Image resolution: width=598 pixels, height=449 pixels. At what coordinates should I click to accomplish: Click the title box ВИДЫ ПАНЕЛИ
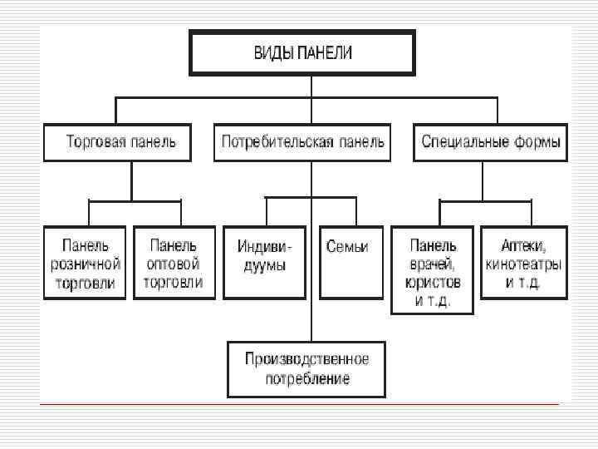tap(302, 53)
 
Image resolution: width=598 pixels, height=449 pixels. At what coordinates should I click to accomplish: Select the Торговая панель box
tap(117, 142)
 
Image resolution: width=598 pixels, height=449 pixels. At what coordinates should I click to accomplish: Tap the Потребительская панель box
tap(301, 142)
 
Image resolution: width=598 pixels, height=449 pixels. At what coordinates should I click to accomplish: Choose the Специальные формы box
tap(490, 142)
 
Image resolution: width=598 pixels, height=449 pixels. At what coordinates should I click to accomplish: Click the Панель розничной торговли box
tap(86, 263)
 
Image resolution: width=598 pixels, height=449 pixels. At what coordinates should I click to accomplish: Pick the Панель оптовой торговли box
tap(174, 263)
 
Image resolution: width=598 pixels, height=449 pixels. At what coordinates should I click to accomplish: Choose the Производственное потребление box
tap(307, 368)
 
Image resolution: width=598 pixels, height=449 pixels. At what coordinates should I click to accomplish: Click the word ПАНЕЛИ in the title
tap(325, 53)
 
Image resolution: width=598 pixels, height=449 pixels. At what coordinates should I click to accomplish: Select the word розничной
tap(86, 264)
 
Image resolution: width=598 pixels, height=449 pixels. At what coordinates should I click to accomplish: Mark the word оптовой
tap(174, 264)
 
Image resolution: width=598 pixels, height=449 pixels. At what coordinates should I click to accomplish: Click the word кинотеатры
tap(523, 264)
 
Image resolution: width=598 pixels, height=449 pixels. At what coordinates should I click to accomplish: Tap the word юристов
tap(433, 283)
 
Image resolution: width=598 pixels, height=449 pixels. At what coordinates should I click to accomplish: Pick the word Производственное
tap(307, 359)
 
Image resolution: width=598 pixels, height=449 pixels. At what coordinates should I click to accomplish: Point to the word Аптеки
tap(522, 246)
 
